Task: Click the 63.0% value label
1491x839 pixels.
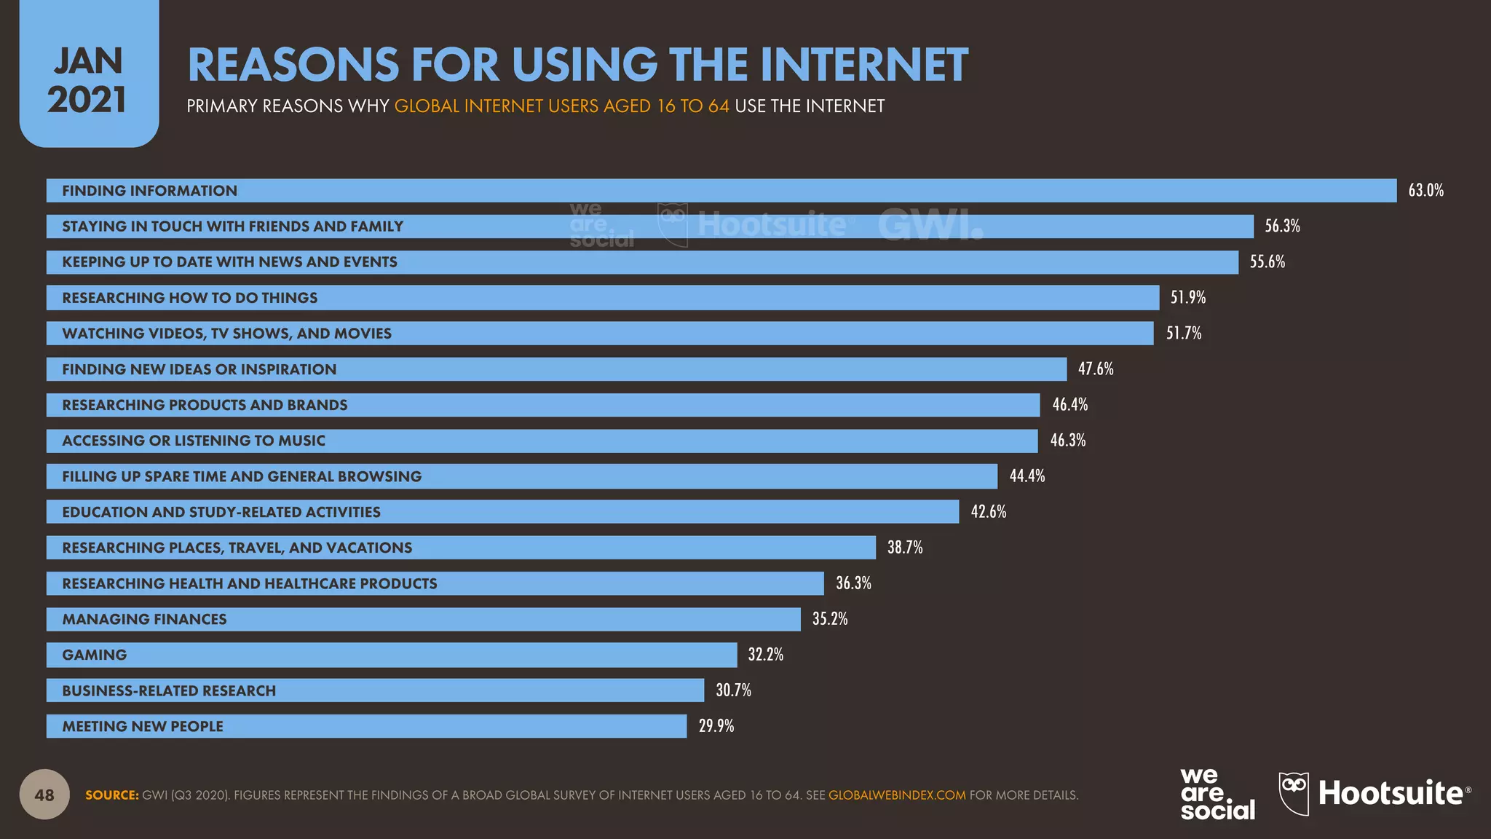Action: [1425, 191]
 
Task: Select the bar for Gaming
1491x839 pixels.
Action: [392, 655]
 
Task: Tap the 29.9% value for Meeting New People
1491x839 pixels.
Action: [716, 726]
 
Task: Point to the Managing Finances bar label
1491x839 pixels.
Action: [144, 619]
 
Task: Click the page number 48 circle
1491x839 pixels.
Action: [44, 795]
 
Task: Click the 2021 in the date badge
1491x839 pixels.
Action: [87, 100]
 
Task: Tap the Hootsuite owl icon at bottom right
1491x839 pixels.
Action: [1294, 793]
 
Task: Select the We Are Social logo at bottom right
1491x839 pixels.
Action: [1217, 794]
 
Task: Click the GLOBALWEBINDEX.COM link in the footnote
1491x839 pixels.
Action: [897, 795]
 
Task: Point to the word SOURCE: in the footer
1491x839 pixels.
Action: [112, 795]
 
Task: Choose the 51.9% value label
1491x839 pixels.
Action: [1188, 298]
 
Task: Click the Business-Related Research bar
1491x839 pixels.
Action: [375, 690]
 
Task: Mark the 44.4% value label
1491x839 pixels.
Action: [1027, 476]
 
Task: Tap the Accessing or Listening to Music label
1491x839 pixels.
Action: [194, 441]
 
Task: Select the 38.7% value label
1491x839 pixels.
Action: [905, 548]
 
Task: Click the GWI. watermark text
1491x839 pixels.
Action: [930, 225]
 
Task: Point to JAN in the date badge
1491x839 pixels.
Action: [88, 61]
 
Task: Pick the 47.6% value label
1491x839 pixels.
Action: [1096, 369]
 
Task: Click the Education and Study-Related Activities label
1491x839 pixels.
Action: [221, 512]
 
